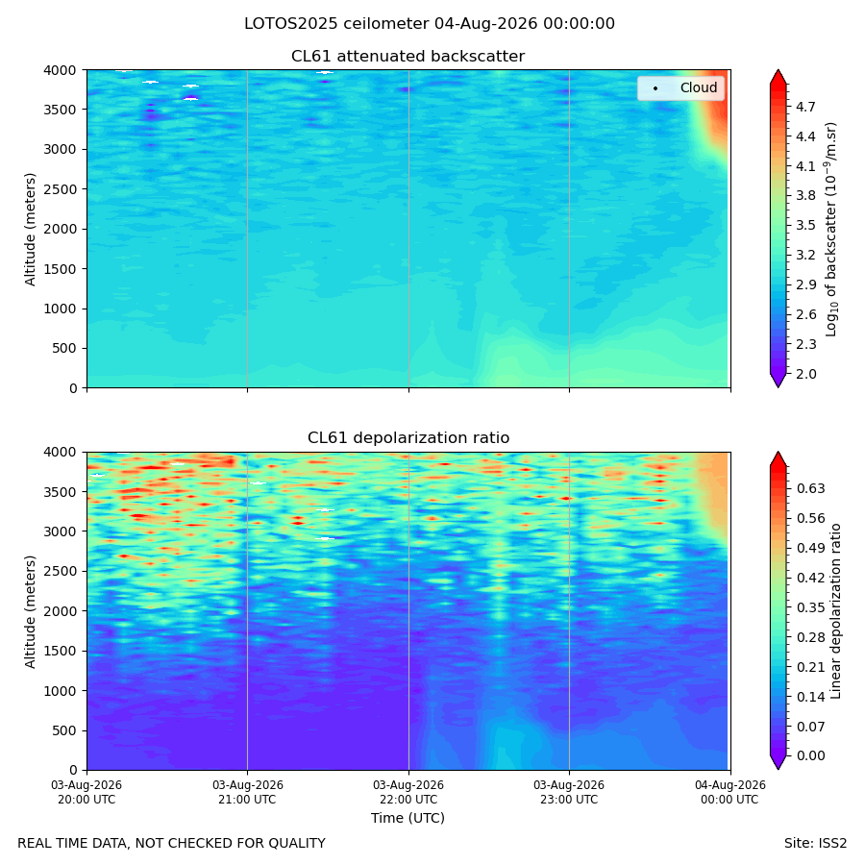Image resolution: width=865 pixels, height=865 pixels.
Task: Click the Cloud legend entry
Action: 680,87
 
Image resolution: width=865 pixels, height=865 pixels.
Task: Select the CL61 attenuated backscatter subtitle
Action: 408,57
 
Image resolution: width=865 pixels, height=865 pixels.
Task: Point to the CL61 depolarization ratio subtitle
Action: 408,438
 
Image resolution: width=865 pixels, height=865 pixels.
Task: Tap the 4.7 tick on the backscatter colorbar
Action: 805,107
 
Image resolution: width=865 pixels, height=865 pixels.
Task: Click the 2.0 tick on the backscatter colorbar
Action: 805,374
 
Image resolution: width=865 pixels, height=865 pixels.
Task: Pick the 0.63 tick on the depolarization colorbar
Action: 811,489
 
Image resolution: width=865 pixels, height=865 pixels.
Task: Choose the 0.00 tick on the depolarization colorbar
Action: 811,755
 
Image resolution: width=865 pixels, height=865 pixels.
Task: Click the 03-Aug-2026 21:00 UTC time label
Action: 247,792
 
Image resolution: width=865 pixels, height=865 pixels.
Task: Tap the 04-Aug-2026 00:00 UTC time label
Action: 729,792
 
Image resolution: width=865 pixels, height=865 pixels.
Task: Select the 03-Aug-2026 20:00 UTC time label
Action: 86,792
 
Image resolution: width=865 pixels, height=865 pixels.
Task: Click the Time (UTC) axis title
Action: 408,818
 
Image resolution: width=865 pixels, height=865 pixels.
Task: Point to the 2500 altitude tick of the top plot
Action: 61,189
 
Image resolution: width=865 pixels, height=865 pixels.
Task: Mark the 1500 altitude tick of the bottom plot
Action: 61,651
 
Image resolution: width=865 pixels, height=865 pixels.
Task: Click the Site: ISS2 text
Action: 815,844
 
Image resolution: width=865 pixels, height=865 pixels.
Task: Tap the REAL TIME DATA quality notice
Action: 172,844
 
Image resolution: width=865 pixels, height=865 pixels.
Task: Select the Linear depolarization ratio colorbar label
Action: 836,611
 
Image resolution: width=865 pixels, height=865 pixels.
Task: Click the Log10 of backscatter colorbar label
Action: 830,230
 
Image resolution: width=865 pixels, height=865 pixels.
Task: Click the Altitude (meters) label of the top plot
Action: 30,230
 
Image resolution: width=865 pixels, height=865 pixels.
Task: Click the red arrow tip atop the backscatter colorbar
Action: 778,70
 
